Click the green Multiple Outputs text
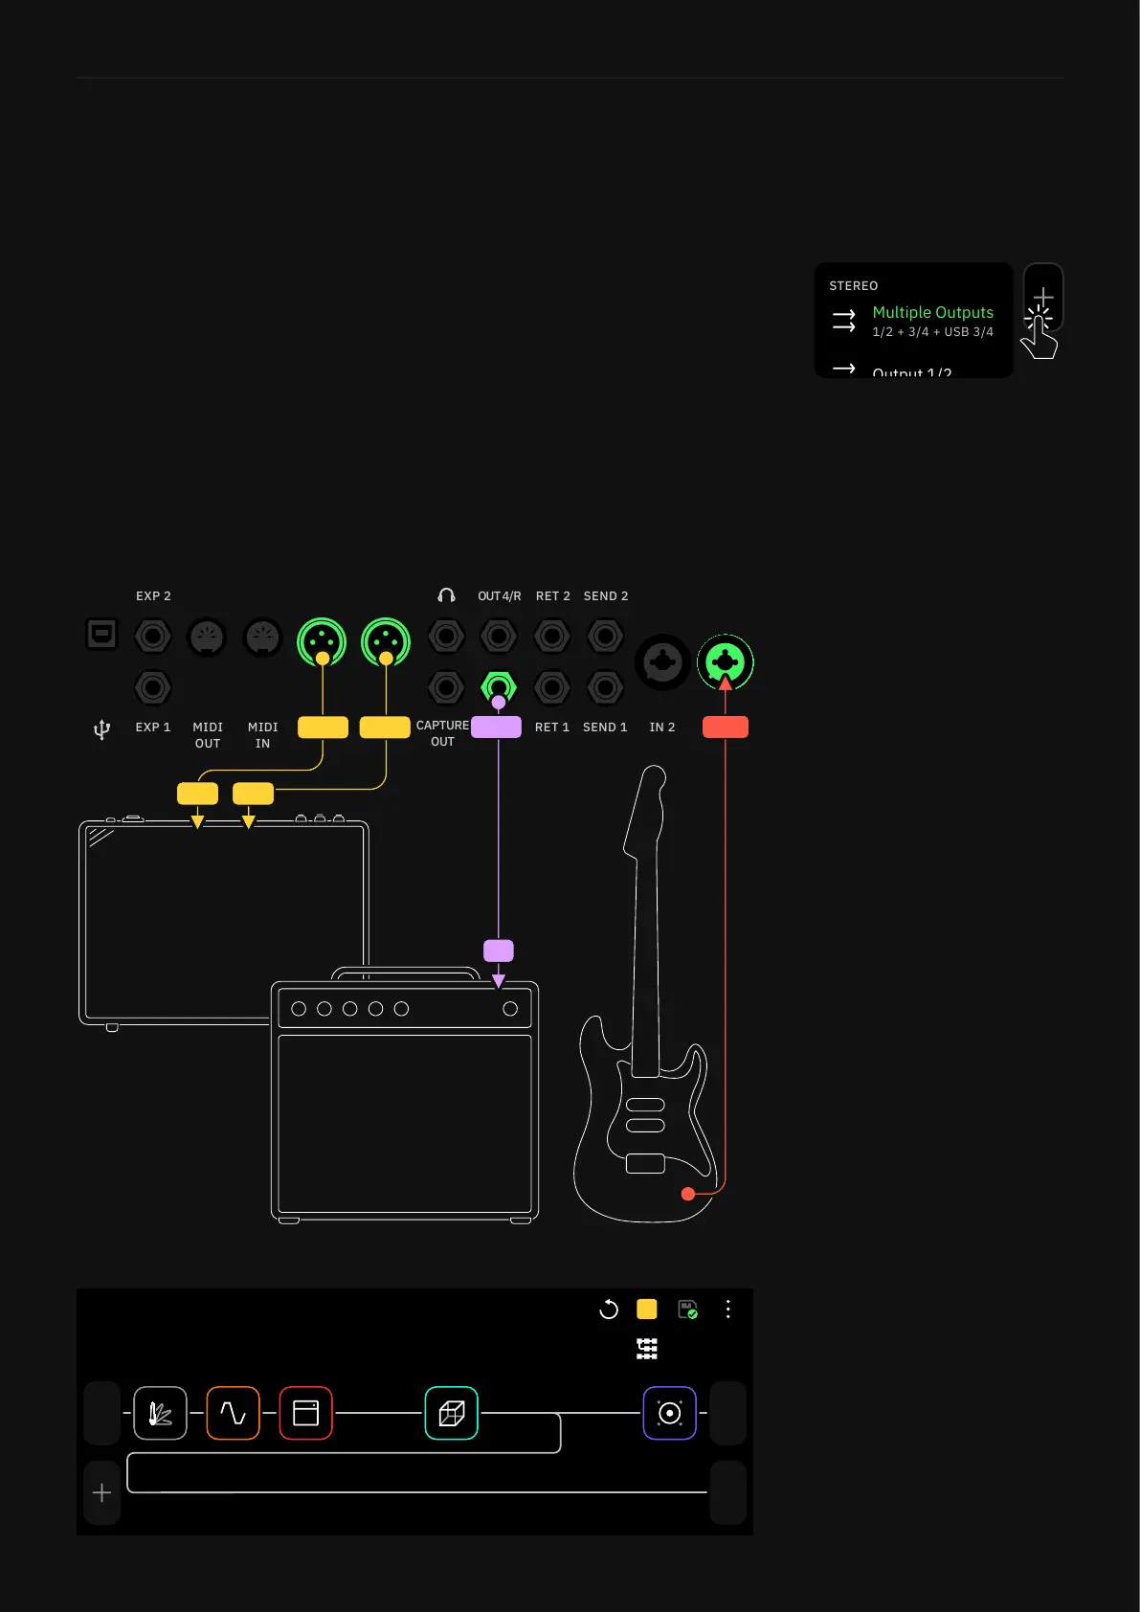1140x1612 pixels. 932,312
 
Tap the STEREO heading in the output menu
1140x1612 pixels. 853,286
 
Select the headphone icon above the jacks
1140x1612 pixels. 446,595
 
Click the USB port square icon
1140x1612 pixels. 101,634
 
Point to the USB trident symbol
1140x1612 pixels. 101,729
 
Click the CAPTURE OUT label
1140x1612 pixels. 442,733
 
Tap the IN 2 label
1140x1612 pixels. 661,728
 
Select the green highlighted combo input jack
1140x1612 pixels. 726,661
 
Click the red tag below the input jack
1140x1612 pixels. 726,728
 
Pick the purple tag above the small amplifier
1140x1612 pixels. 499,951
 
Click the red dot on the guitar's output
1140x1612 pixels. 688,1194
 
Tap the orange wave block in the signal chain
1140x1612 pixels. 233,1413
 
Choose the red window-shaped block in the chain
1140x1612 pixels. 305,1413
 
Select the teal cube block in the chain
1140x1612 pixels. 451,1413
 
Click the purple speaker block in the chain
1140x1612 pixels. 669,1413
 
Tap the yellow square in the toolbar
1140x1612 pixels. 647,1310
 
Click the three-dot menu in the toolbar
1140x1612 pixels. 728,1310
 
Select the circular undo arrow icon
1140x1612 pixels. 609,1310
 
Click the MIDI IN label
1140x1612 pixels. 262,735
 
